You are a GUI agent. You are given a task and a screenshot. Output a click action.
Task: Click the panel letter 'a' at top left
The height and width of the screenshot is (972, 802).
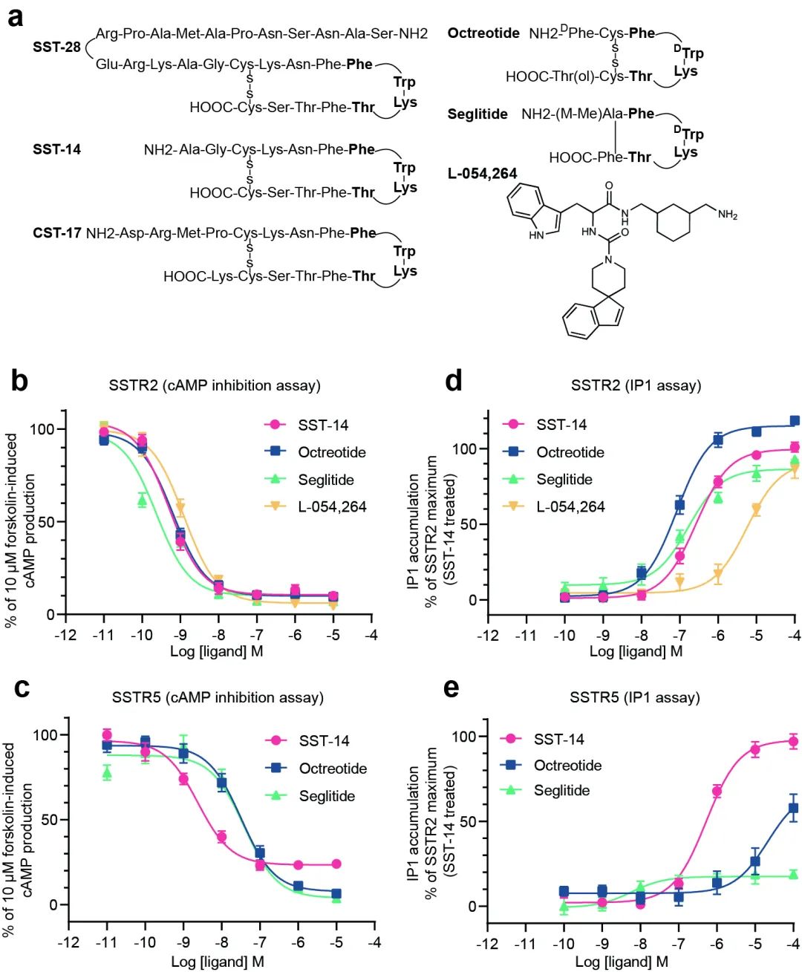point(15,16)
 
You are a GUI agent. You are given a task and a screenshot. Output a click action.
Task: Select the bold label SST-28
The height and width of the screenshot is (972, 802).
point(56,48)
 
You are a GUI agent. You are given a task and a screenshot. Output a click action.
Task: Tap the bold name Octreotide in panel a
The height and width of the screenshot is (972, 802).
point(483,33)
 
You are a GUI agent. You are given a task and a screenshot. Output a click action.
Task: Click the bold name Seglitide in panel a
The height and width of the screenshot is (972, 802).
point(477,114)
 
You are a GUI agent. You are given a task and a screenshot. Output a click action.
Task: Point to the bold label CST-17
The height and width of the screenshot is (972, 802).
point(56,233)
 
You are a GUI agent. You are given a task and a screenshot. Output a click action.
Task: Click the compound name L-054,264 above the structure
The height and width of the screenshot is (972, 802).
point(482,174)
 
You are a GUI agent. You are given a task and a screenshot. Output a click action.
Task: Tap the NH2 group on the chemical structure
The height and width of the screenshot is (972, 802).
point(727,215)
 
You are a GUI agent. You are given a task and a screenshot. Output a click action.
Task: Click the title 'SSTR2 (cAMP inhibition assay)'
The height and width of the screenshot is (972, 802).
point(215,385)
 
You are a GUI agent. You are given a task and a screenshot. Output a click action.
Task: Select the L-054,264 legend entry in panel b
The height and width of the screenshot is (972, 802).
point(332,507)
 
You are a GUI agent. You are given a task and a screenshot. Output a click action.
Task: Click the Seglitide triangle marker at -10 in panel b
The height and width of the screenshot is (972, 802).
point(143,500)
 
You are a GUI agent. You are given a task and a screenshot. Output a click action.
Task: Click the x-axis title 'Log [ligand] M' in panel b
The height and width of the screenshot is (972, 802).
point(217,651)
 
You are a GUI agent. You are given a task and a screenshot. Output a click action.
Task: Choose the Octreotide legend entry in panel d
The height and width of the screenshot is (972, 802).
point(570,452)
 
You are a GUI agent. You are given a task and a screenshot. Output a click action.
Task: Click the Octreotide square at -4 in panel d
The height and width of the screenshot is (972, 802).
point(795,421)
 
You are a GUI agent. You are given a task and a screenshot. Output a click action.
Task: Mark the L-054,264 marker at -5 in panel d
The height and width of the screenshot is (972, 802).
point(756,509)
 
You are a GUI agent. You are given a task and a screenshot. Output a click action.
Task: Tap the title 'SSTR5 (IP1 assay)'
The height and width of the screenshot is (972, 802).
point(635,697)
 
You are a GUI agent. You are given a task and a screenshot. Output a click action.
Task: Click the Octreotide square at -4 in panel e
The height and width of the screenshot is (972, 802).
point(793,808)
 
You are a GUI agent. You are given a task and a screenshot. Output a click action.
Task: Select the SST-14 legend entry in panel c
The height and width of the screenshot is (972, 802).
point(324,741)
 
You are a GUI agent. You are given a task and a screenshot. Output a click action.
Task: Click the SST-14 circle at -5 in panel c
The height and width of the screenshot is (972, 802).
point(336,864)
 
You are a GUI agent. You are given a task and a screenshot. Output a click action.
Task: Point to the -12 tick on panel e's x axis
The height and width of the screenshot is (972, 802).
point(488,944)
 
